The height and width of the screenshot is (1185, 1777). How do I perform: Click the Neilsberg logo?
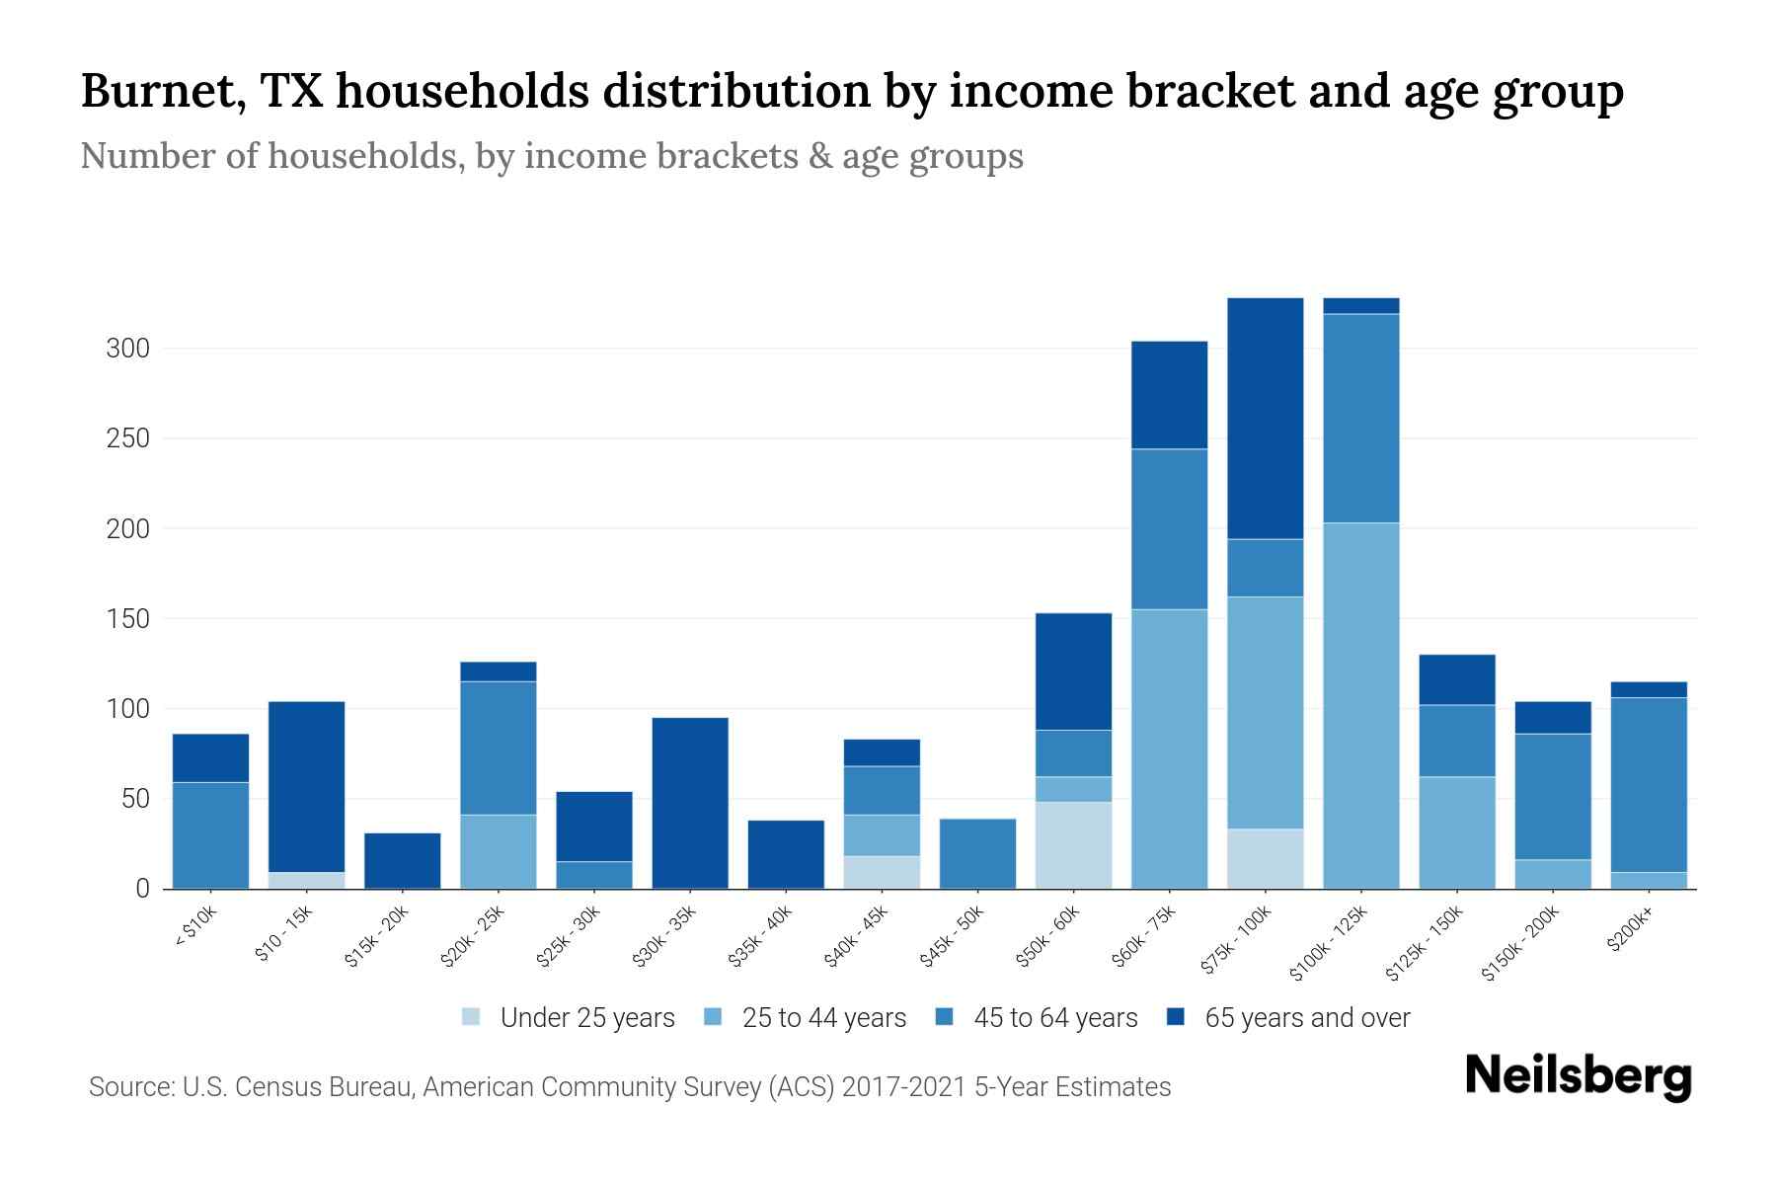click(x=1578, y=1076)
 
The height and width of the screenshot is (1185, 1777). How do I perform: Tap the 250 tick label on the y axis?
click(x=127, y=438)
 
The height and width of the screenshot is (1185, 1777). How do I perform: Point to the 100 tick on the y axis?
click(x=127, y=709)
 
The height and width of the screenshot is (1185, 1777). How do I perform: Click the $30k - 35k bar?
click(x=690, y=803)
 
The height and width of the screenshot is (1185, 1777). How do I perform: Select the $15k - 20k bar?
click(x=402, y=860)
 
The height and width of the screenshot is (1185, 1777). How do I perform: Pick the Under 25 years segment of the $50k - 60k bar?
click(x=1073, y=844)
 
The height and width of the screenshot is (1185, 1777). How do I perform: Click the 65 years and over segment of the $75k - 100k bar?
click(x=1265, y=419)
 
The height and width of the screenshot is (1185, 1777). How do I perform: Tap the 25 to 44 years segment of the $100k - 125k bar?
click(x=1360, y=705)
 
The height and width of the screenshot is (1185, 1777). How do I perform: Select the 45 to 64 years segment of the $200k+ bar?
click(x=1648, y=785)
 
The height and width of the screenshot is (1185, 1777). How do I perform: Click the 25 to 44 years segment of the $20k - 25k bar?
click(x=498, y=851)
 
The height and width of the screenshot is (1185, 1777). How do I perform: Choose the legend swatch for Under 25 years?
click(x=472, y=1017)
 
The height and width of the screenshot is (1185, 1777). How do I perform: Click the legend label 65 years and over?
click(x=1307, y=1018)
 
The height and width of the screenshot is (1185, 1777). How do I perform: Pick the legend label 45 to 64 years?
click(x=1055, y=1018)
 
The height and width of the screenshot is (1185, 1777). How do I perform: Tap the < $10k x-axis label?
click(x=195, y=929)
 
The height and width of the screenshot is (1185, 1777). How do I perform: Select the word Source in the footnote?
click(x=127, y=1087)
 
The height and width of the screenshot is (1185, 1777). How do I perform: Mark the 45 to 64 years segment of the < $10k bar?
click(x=210, y=834)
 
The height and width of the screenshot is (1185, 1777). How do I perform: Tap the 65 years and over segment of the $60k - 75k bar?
click(x=1169, y=395)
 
